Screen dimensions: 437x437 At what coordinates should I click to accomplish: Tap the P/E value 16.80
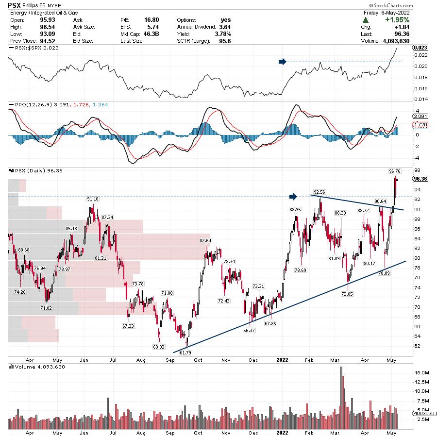(151, 20)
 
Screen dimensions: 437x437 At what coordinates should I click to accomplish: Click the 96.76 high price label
(395, 171)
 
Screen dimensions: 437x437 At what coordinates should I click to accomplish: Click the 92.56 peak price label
(319, 192)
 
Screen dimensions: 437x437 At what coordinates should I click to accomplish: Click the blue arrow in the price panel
(293, 196)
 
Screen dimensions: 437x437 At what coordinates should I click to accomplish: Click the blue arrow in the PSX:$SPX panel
(282, 62)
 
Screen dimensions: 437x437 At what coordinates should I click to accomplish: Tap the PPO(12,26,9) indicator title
(27, 104)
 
